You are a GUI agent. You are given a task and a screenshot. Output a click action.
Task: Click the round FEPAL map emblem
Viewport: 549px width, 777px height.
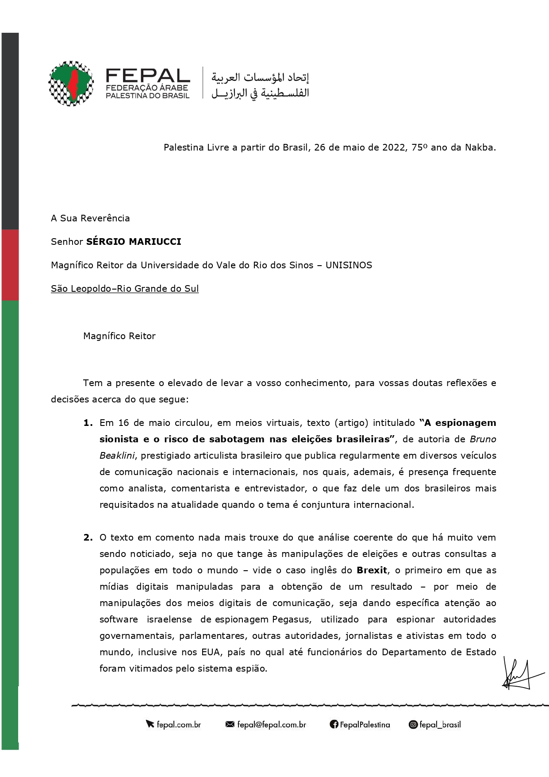[x=71, y=83]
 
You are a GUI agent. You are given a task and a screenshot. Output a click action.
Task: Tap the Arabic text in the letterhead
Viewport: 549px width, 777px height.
[x=260, y=85]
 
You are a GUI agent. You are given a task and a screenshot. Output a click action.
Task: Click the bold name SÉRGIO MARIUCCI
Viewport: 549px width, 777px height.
[x=134, y=242]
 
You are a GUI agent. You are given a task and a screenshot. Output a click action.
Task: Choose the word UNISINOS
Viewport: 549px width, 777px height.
[x=349, y=265]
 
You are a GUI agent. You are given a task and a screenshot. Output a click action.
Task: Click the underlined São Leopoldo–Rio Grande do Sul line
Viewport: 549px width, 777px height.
[x=125, y=289]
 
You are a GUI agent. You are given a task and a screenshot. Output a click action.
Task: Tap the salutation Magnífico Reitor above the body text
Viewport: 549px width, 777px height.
[x=119, y=336]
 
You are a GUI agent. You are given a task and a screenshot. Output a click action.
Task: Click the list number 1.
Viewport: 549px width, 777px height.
[x=88, y=423]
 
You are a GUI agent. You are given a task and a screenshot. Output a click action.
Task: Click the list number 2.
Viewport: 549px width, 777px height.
[x=88, y=537]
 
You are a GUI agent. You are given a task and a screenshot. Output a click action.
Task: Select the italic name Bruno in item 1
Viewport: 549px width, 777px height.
[x=483, y=439]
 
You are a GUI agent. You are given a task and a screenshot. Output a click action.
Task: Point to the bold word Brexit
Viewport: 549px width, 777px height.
[x=372, y=570]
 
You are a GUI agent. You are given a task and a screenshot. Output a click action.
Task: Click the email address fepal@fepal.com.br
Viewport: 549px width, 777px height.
[x=271, y=725]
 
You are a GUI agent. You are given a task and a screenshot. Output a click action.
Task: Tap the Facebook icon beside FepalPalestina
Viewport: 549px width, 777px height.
[x=334, y=725]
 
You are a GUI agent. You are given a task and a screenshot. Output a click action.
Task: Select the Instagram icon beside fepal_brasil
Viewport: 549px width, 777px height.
[x=413, y=725]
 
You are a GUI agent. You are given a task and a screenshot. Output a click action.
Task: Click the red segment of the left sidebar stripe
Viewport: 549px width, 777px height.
[x=10, y=265]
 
